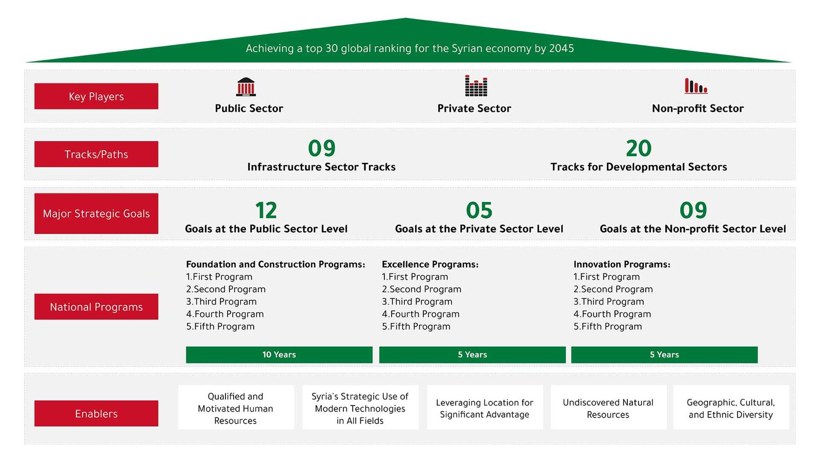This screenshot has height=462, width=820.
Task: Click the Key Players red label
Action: [96, 96]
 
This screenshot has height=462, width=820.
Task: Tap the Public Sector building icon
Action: [245, 87]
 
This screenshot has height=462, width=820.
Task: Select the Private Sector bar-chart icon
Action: [476, 86]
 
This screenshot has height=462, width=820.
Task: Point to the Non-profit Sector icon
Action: [696, 86]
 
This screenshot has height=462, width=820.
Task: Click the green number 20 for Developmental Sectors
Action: [639, 148]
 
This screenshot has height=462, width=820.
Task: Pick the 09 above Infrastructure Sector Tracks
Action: [321, 148]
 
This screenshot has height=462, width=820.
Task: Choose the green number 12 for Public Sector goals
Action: [266, 210]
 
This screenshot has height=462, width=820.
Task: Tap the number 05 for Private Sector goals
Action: [479, 210]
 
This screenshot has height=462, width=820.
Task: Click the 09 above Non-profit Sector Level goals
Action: [693, 210]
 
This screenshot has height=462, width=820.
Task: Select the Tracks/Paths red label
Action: [96, 154]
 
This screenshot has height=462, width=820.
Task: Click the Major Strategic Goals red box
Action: [96, 214]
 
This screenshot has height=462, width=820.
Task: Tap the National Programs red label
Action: [96, 306]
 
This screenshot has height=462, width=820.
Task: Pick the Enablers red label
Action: [96, 413]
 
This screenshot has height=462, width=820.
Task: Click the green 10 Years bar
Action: [279, 355]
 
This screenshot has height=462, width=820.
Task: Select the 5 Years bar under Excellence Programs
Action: [472, 355]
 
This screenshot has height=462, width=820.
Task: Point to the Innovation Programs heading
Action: [622, 264]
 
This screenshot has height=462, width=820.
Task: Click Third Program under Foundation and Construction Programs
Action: [221, 301]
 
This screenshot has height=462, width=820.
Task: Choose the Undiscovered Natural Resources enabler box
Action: [608, 408]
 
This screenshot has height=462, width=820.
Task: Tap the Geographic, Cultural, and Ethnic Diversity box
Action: [731, 408]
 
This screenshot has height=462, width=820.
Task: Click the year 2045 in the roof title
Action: [561, 48]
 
